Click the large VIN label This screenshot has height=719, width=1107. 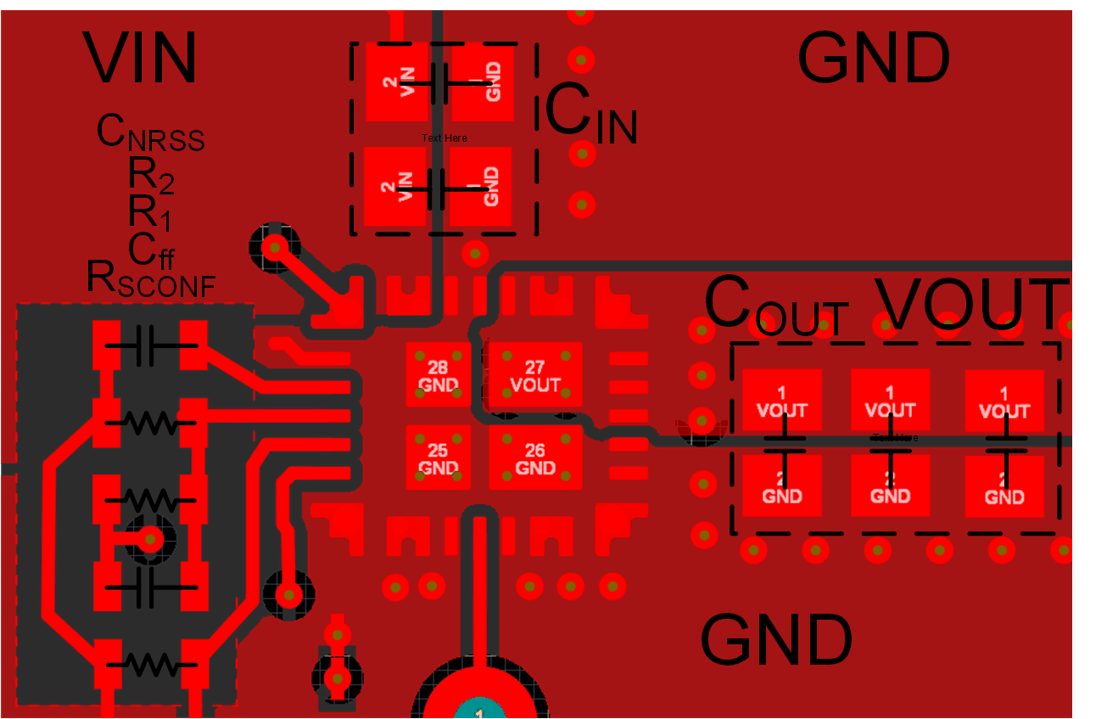coord(141,58)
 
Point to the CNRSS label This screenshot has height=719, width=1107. coord(150,133)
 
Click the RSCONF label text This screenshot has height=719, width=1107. coord(150,278)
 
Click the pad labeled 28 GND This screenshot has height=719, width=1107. coord(438,375)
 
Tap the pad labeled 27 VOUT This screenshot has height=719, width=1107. coord(534,375)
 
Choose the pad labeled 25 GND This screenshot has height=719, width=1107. coord(438,458)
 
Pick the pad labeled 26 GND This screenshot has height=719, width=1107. coord(534,458)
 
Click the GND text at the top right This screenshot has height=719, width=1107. coord(873,59)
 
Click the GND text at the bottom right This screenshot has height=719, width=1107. coord(776,640)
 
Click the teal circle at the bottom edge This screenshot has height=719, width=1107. coord(479,711)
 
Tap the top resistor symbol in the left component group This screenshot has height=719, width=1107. coord(151,421)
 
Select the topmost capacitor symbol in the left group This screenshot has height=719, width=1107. coord(151,345)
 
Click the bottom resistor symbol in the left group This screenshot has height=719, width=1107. coord(151,661)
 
